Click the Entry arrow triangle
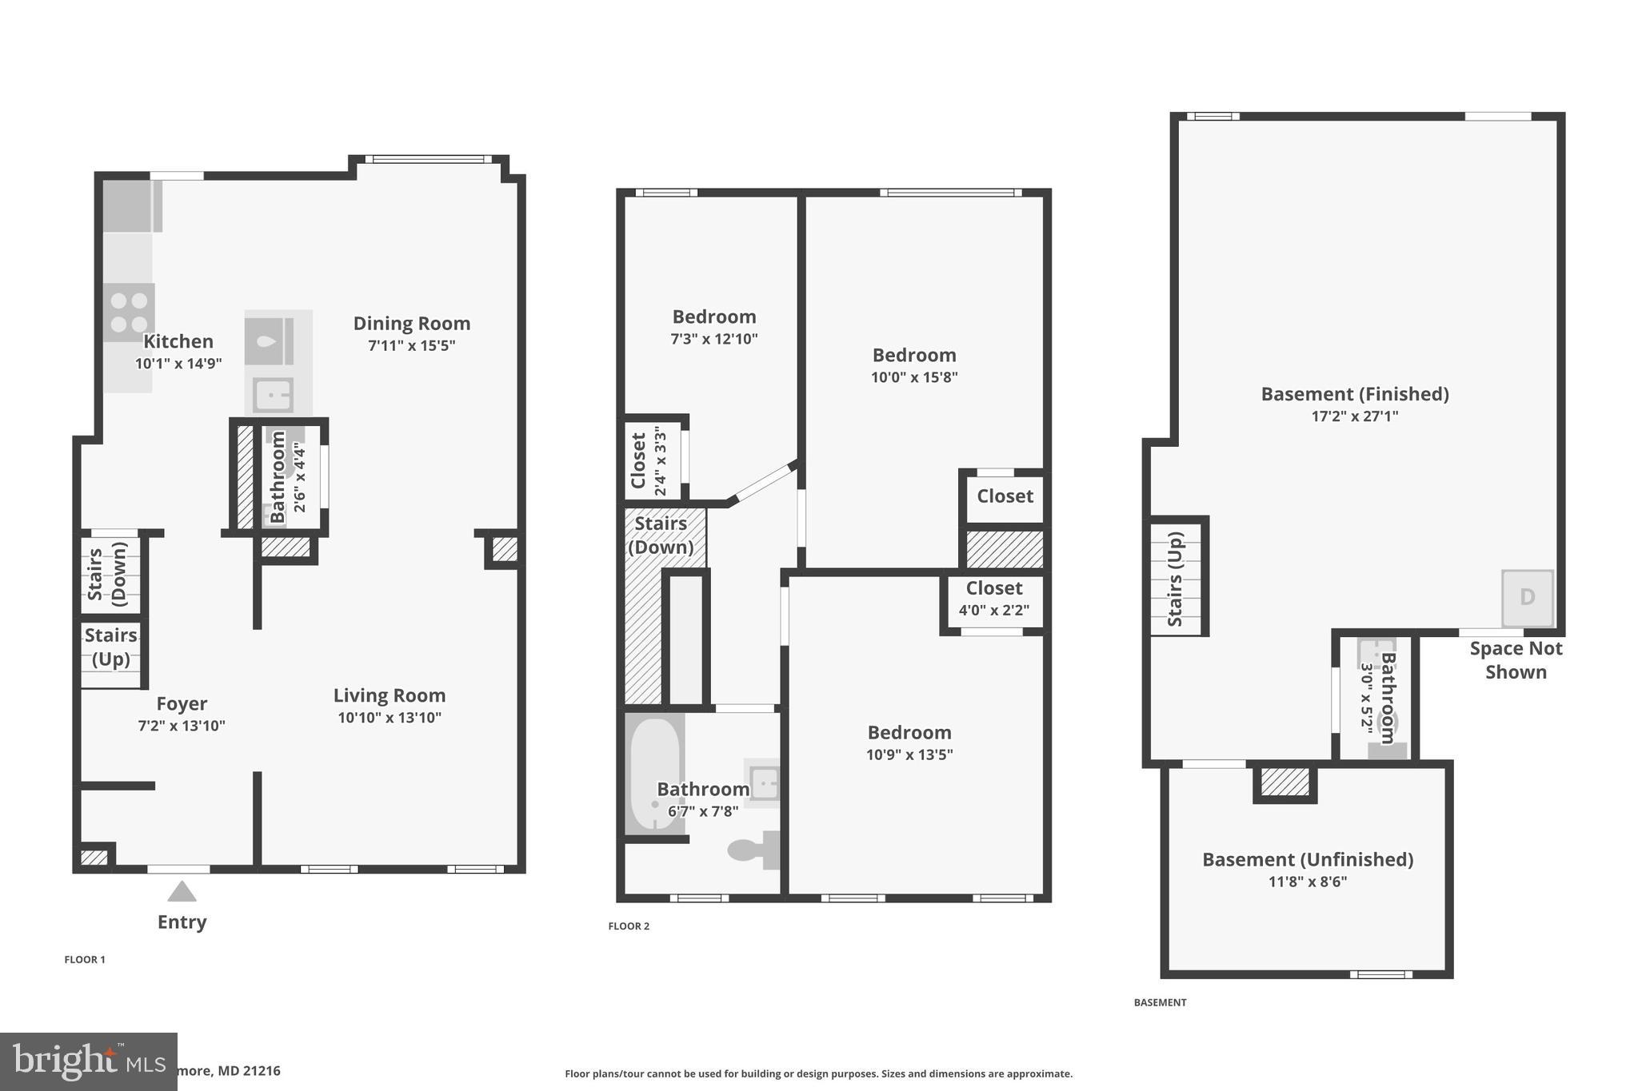(x=182, y=891)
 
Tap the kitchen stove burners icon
(x=129, y=313)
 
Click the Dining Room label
(x=412, y=324)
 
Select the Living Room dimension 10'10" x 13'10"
(x=390, y=718)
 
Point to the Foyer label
(x=182, y=704)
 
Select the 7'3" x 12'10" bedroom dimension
(x=713, y=339)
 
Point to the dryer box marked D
(x=1527, y=598)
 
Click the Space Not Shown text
(x=1516, y=660)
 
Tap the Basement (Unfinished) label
(x=1308, y=860)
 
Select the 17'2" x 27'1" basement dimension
(x=1355, y=416)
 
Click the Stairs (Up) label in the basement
(x=1175, y=579)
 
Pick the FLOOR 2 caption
(x=629, y=926)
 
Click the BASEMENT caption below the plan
(x=1160, y=1002)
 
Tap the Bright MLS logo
(x=88, y=1061)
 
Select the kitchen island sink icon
(x=273, y=395)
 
